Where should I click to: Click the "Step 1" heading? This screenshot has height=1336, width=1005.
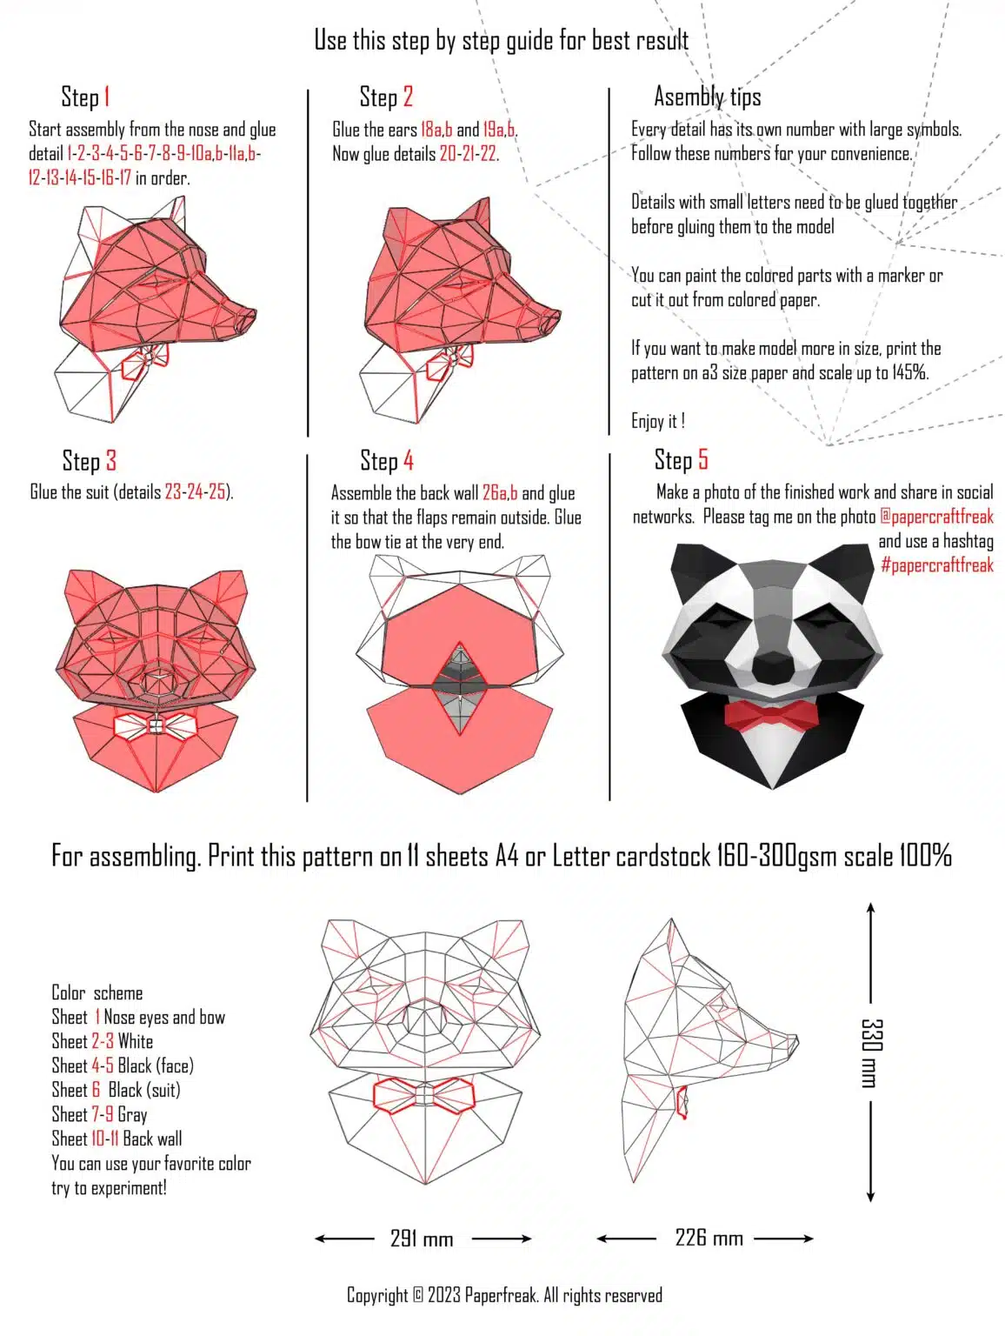(85, 97)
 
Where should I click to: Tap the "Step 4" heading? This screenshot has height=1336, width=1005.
(387, 460)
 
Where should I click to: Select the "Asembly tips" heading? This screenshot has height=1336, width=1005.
(707, 97)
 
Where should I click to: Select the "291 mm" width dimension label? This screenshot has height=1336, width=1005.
(422, 1239)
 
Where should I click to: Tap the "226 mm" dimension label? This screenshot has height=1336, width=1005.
(709, 1238)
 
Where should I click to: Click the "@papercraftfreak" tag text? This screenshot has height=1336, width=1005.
(936, 517)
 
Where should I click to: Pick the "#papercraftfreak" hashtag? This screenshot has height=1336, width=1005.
(936, 565)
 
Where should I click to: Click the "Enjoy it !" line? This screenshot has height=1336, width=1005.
(658, 422)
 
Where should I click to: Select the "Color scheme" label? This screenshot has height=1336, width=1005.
(97, 993)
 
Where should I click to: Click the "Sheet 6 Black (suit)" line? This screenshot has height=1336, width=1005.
(116, 1091)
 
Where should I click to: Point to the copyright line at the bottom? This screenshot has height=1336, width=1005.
(504, 1296)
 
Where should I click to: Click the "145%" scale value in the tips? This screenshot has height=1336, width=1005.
(909, 373)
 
